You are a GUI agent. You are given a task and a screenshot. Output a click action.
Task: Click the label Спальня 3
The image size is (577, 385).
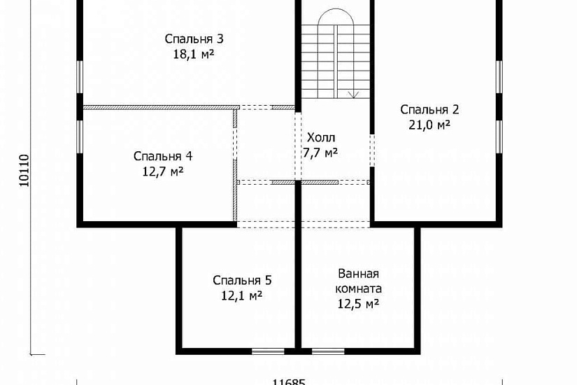(x=194, y=39)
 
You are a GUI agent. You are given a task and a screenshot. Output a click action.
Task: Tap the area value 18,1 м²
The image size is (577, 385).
(x=194, y=55)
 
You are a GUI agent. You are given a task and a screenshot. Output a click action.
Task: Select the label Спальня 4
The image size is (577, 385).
(x=163, y=156)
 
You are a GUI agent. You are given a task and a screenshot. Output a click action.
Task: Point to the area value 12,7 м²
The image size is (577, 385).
(x=163, y=171)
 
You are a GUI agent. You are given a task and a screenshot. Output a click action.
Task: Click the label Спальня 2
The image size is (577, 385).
(x=429, y=110)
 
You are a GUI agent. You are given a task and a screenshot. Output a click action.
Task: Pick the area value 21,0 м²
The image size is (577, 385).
(x=429, y=125)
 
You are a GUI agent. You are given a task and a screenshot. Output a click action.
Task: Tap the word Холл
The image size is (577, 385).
(x=321, y=138)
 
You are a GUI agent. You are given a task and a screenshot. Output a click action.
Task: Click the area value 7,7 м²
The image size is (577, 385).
(x=320, y=152)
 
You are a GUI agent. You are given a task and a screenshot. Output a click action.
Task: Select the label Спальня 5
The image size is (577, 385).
(x=242, y=281)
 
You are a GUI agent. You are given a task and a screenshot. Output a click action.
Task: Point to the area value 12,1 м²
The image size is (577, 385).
(x=242, y=296)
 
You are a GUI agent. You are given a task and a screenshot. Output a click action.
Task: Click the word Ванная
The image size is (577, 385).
(x=358, y=274)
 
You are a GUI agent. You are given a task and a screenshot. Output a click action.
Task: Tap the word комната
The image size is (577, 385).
(x=358, y=288)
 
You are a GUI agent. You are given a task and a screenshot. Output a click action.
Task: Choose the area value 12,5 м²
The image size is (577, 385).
(x=358, y=304)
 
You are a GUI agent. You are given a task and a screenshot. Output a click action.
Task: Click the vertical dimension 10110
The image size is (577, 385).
(x=24, y=171)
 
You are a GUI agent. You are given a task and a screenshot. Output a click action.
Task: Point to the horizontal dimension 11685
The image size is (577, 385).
(x=289, y=382)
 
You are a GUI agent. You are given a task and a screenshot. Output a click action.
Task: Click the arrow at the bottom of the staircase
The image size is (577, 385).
(x=353, y=94)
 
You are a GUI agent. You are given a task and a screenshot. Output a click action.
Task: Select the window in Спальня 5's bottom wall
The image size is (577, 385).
(x=268, y=351)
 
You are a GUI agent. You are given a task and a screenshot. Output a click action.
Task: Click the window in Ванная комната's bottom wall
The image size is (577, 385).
(x=328, y=351)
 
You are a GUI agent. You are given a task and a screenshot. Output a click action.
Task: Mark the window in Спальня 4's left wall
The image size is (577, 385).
(x=80, y=136)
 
